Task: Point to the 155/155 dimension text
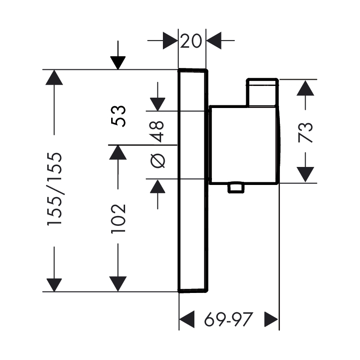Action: [54, 189]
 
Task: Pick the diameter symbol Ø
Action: [158, 160]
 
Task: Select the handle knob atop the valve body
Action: [262, 93]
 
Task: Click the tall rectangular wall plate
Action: [193, 180]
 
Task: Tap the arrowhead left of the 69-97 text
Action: [186, 319]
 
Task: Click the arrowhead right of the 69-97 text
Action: [272, 319]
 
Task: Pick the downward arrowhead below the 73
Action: [306, 174]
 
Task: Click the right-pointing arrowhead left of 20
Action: [170, 41]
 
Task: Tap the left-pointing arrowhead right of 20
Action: [214, 41]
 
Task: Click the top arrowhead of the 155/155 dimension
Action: [54, 77]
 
